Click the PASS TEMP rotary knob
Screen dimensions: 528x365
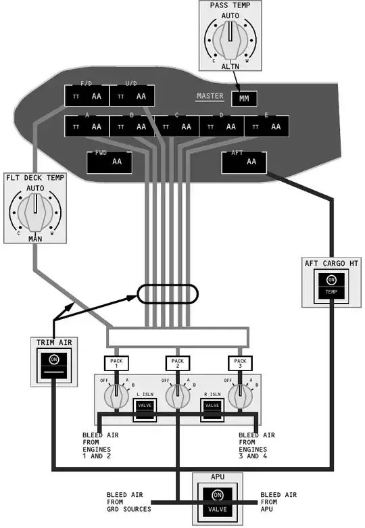click(230, 41)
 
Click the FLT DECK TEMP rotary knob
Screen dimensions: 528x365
click(33, 214)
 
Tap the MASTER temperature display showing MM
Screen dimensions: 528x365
click(243, 99)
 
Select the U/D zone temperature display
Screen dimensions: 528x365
click(132, 96)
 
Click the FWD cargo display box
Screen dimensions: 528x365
click(109, 162)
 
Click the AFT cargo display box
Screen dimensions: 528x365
click(244, 162)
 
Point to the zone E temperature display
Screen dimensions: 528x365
click(266, 126)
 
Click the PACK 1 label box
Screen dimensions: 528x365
click(116, 363)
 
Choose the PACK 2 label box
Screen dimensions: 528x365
click(177, 363)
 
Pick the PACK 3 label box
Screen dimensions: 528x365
click(239, 363)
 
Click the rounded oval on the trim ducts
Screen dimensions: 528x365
click(168, 295)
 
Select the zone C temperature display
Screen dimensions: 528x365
click(176, 126)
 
